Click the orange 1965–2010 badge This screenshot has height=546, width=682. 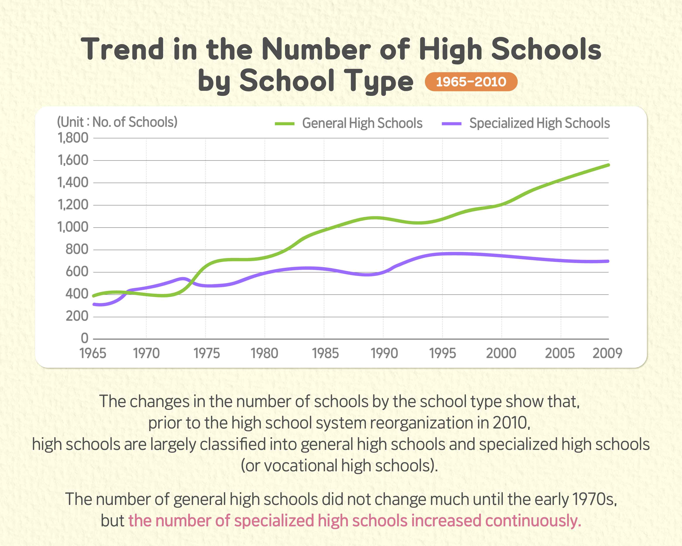[471, 82]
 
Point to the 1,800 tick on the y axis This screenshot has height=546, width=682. [73, 138]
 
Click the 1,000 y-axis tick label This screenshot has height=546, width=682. [73, 227]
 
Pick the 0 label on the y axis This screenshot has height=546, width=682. [84, 338]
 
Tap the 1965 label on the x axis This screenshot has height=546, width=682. [93, 353]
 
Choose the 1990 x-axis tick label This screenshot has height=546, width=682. [384, 353]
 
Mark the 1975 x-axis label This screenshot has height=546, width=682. [206, 353]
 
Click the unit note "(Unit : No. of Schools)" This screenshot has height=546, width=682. [117, 122]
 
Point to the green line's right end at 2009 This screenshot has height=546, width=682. [608, 165]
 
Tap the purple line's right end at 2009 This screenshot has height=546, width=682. [608, 261]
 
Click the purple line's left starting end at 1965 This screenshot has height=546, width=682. [94, 304]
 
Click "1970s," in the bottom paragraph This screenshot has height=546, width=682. [595, 499]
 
